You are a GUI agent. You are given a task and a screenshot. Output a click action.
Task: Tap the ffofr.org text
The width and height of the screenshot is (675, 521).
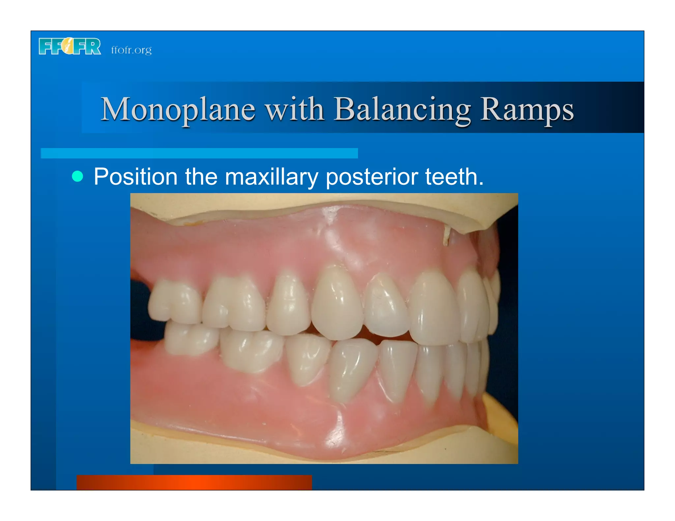(131, 50)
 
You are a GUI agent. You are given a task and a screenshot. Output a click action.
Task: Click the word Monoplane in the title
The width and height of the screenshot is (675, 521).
(178, 109)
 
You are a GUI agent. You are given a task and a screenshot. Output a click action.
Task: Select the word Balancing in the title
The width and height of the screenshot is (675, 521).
(402, 109)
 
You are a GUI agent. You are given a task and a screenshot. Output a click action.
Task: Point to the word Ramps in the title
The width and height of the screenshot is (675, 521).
(526, 109)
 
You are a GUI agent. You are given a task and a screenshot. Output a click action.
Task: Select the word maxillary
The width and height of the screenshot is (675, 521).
(271, 177)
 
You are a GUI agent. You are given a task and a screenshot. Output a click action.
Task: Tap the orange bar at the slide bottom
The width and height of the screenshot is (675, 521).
(194, 482)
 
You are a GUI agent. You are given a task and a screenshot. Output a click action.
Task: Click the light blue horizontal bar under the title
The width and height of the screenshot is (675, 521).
(199, 153)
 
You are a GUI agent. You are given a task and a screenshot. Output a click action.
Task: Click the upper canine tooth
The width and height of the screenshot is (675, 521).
(337, 303)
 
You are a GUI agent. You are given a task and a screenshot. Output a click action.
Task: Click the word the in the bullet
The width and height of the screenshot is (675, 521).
(201, 177)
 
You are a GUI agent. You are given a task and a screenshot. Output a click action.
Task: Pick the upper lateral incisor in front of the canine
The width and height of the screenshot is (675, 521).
(386, 305)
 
